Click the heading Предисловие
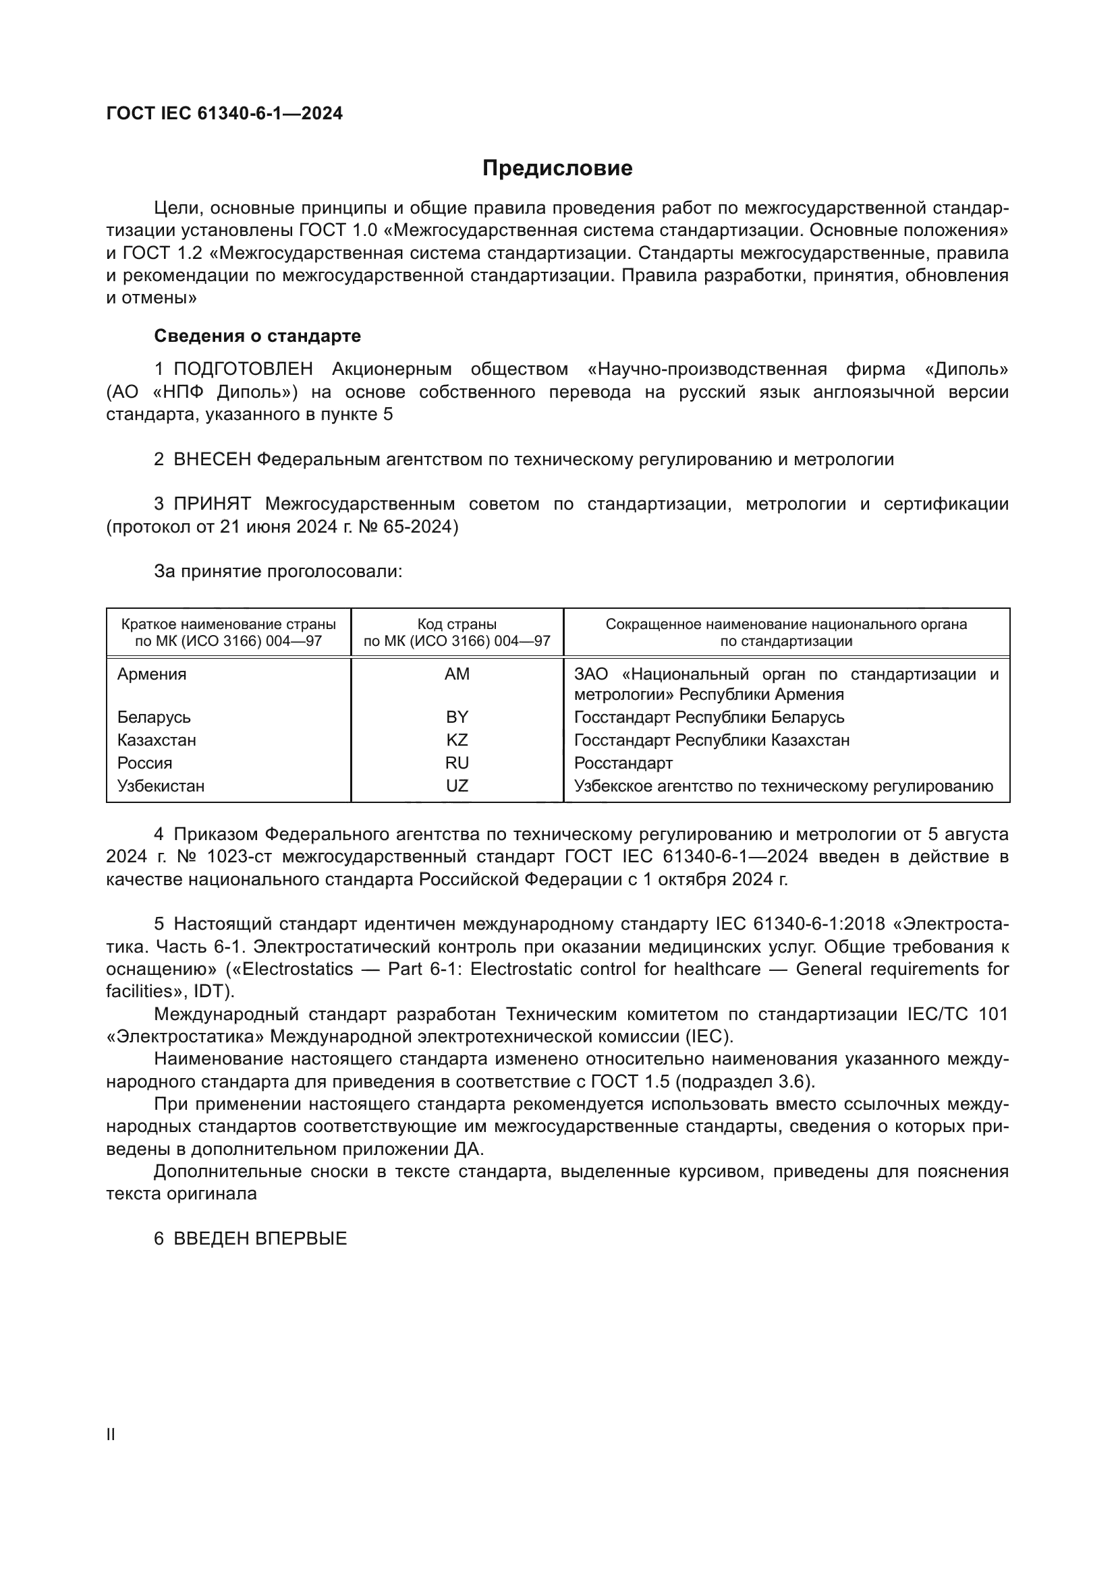(x=557, y=169)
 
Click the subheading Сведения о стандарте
(x=257, y=336)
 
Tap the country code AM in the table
(x=457, y=674)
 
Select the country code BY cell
(x=457, y=717)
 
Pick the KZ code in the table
(x=457, y=740)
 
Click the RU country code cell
(x=457, y=763)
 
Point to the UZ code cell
(x=457, y=785)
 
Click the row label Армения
(x=152, y=674)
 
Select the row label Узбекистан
(x=161, y=785)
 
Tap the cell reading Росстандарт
(x=623, y=763)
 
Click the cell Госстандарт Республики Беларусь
(x=709, y=717)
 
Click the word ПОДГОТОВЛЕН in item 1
(x=244, y=369)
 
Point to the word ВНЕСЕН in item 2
(x=213, y=460)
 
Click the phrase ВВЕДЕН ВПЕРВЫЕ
(x=260, y=1239)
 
